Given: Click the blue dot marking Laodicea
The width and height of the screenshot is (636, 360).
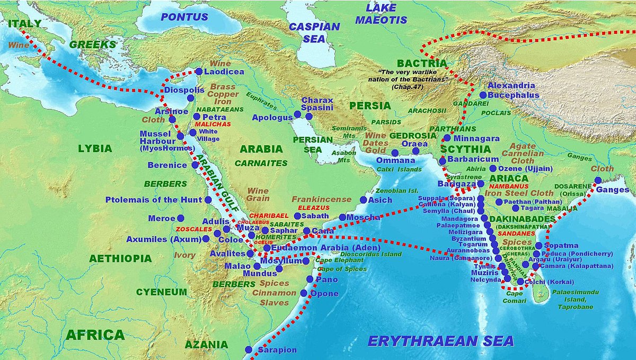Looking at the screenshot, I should tap(198, 71).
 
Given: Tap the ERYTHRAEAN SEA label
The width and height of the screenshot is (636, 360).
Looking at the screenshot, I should tap(441, 340).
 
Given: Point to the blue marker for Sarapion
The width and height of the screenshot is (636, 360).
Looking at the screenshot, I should tap(249, 349).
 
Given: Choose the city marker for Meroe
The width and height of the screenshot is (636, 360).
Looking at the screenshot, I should tap(181, 218).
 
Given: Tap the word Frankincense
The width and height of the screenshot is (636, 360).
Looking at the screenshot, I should tap(322, 199).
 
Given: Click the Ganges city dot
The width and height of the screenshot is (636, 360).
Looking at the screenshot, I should tap(598, 180).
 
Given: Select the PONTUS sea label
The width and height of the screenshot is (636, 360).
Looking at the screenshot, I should tap(184, 17).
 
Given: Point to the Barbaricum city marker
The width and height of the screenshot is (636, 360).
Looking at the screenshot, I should tap(443, 159).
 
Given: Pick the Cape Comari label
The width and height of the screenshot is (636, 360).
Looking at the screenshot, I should tap(514, 297).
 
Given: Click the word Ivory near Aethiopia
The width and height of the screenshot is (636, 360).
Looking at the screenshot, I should tap(184, 256).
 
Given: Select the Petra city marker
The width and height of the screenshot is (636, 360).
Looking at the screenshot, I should tap(197, 117).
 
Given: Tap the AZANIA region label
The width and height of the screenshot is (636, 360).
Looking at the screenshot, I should tap(206, 345).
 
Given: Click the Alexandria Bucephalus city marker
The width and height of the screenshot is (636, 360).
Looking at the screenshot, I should tap(483, 95).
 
